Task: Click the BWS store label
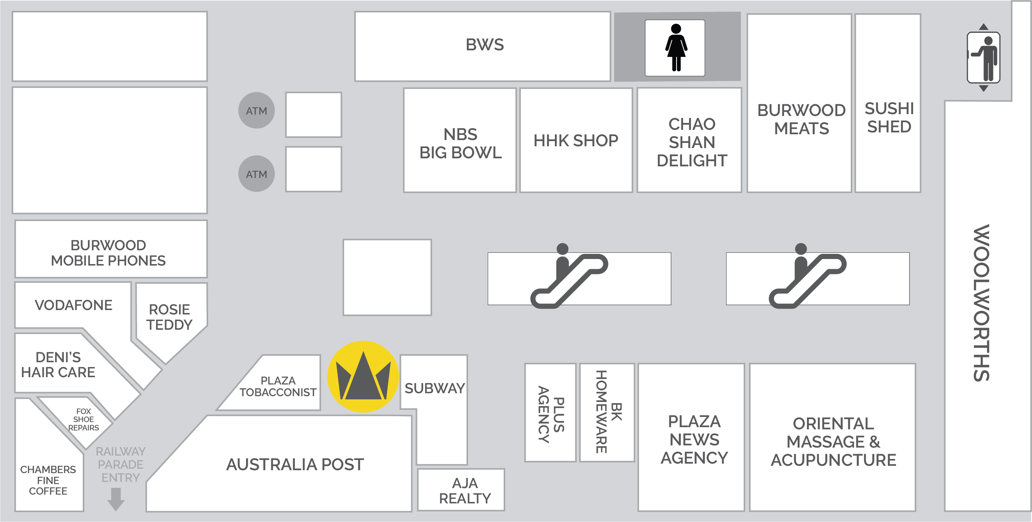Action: (484, 45)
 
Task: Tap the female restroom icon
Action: (675, 48)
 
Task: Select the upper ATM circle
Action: (256, 111)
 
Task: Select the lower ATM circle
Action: (256, 174)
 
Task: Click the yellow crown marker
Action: (363, 377)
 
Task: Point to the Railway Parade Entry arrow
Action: (116, 499)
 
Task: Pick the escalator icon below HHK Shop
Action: (569, 277)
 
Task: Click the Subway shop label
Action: (435, 388)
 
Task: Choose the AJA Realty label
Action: (465, 491)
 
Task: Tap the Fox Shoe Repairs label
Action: (83, 419)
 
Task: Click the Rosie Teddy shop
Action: (170, 317)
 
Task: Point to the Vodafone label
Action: (73, 305)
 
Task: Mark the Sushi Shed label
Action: (889, 117)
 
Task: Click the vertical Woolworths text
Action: (982, 303)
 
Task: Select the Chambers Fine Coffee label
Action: (48, 480)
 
